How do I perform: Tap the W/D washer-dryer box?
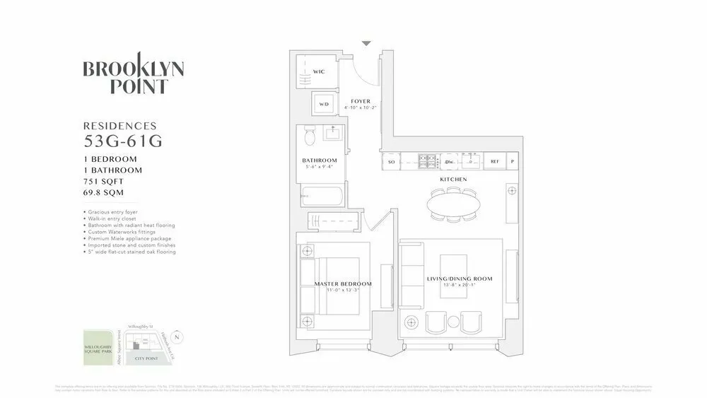pyautogui.click(x=325, y=104)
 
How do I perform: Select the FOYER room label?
pyautogui.click(x=361, y=102)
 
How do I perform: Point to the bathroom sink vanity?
pyautogui.click(x=332, y=133)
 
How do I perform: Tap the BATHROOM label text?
pyautogui.click(x=320, y=160)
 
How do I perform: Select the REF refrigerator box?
pyautogui.click(x=496, y=162)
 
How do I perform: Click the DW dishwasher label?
pyautogui.click(x=450, y=162)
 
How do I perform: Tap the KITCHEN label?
pyautogui.click(x=454, y=180)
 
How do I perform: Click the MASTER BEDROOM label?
pyautogui.click(x=343, y=284)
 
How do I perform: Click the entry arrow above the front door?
pyautogui.click(x=366, y=44)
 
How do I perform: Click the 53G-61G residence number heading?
pyautogui.click(x=123, y=141)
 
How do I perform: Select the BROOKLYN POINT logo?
pyautogui.click(x=134, y=77)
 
